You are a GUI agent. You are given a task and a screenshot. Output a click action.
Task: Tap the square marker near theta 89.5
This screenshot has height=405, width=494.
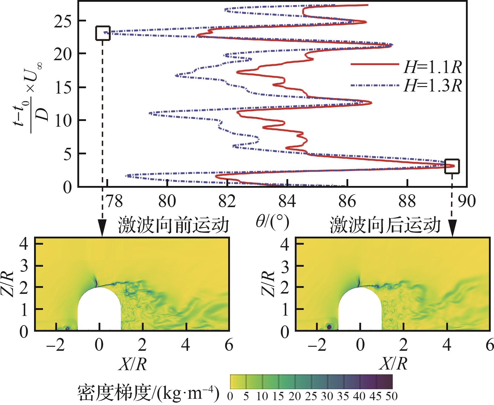452,166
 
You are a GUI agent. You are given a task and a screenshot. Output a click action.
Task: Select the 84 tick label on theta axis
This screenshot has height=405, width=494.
287,202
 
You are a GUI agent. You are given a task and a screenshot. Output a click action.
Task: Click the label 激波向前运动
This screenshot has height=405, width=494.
173,225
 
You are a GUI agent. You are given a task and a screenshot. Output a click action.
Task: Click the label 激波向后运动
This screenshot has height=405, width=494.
385,225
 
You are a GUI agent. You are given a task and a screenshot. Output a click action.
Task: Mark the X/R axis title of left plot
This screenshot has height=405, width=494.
132,364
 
